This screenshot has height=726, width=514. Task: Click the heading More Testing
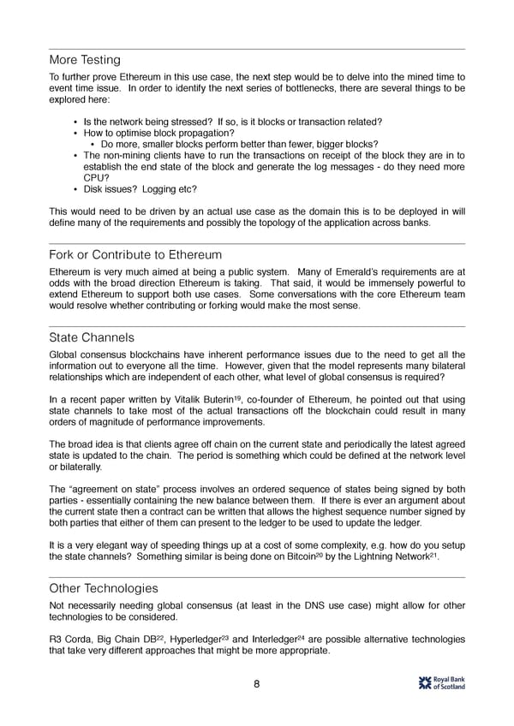[85, 60]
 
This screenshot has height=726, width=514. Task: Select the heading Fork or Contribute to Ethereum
[135, 255]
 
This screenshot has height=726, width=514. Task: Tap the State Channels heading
[92, 337]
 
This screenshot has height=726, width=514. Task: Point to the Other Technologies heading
[104, 588]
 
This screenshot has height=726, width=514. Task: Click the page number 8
[257, 684]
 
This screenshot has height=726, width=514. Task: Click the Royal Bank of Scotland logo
[441, 682]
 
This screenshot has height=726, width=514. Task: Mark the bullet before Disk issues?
[75, 189]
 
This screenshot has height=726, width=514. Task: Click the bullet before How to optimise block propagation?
[75, 134]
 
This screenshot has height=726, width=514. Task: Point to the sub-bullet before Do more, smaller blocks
[93, 145]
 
